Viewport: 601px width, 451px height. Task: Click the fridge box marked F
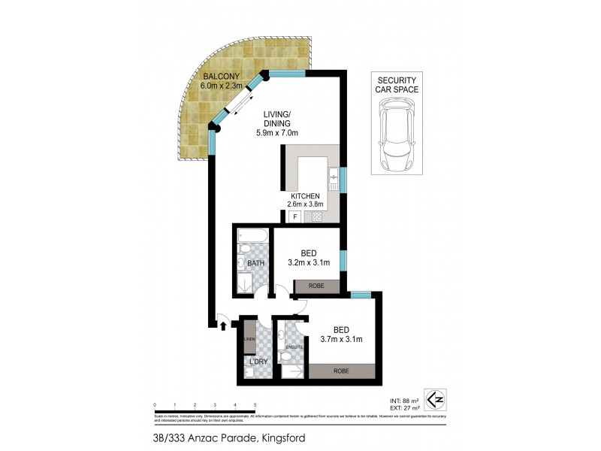(294, 217)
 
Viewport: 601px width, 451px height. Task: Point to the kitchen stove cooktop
(317, 217)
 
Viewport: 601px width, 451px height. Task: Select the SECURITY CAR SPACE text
(397, 84)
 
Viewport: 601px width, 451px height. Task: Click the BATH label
(255, 264)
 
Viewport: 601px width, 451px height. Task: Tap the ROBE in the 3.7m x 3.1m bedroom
(343, 371)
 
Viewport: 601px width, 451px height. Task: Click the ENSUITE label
(294, 347)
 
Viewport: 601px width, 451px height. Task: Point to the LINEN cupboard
(249, 341)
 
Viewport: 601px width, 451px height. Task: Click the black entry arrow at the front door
(222, 325)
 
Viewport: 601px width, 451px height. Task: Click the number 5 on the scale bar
(255, 404)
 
